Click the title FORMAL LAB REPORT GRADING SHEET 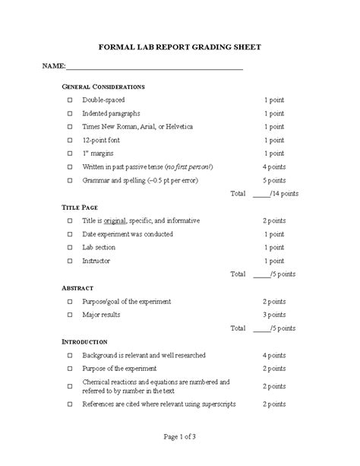[x=180, y=46]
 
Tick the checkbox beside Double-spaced [x=69, y=100]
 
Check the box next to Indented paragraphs [x=69, y=113]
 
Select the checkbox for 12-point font [x=69, y=141]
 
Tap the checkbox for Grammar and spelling [x=69, y=181]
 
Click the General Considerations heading [x=103, y=87]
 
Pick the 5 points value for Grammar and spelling [x=274, y=181]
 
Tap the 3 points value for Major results [x=274, y=315]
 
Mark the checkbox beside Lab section [x=69, y=247]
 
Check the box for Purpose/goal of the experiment [x=69, y=302]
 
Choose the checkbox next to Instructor [x=69, y=261]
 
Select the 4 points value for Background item [x=274, y=355]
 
